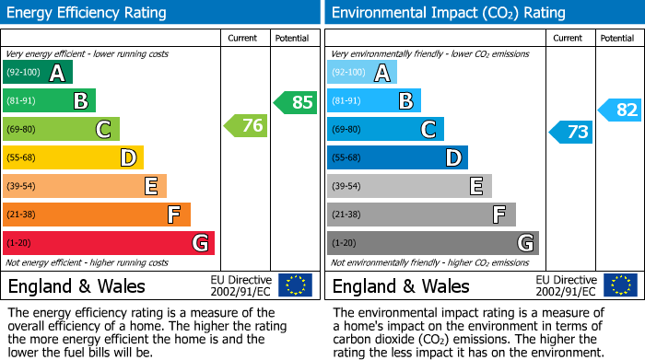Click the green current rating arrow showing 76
tap(246, 126)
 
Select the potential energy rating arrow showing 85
tap(296, 102)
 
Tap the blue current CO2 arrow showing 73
tap(571, 132)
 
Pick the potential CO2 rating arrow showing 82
tap(620, 110)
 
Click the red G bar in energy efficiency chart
tap(109, 243)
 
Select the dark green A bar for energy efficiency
tap(38, 73)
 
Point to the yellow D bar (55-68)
tap(74, 158)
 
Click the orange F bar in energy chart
tap(97, 215)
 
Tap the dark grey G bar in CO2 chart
tap(432, 243)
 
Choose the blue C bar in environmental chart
tap(385, 130)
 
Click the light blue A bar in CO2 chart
tap(362, 73)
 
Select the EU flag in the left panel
tap(295, 285)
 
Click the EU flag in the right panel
tap(619, 285)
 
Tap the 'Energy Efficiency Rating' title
tap(88, 13)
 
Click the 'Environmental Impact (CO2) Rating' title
tap(448, 13)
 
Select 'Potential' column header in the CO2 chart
tap(616, 38)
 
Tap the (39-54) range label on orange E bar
tap(21, 187)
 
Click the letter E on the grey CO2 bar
tap(475, 186)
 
